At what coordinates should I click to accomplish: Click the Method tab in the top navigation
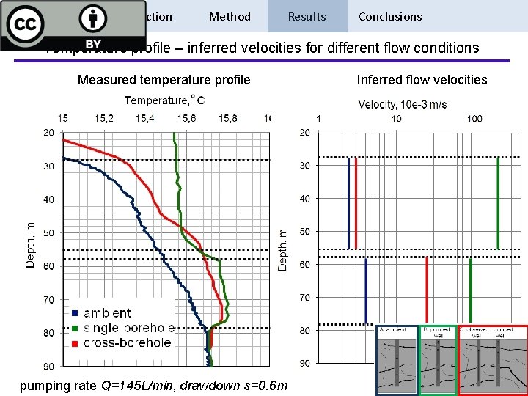[x=230, y=16]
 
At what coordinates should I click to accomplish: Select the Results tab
[x=307, y=16]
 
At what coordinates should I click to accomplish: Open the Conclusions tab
[x=390, y=16]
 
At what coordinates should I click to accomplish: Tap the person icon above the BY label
[x=93, y=19]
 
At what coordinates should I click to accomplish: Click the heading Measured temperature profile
[x=164, y=80]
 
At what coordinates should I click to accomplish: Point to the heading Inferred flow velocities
[x=422, y=80]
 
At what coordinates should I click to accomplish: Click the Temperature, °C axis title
[x=164, y=100]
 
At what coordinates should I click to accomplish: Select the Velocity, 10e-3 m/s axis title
[x=402, y=104]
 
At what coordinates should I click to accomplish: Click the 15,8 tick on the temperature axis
[x=227, y=118]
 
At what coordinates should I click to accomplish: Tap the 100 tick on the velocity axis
[x=474, y=119]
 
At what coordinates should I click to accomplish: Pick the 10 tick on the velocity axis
[x=396, y=119]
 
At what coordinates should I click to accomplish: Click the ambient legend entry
[x=107, y=313]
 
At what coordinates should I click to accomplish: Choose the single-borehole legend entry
[x=129, y=328]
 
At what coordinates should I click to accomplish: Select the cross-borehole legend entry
[x=127, y=342]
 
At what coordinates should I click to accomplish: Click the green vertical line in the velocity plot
[x=498, y=202]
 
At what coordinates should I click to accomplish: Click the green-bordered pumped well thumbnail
[x=438, y=359]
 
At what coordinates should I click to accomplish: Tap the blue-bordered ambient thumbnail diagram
[x=397, y=359]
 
